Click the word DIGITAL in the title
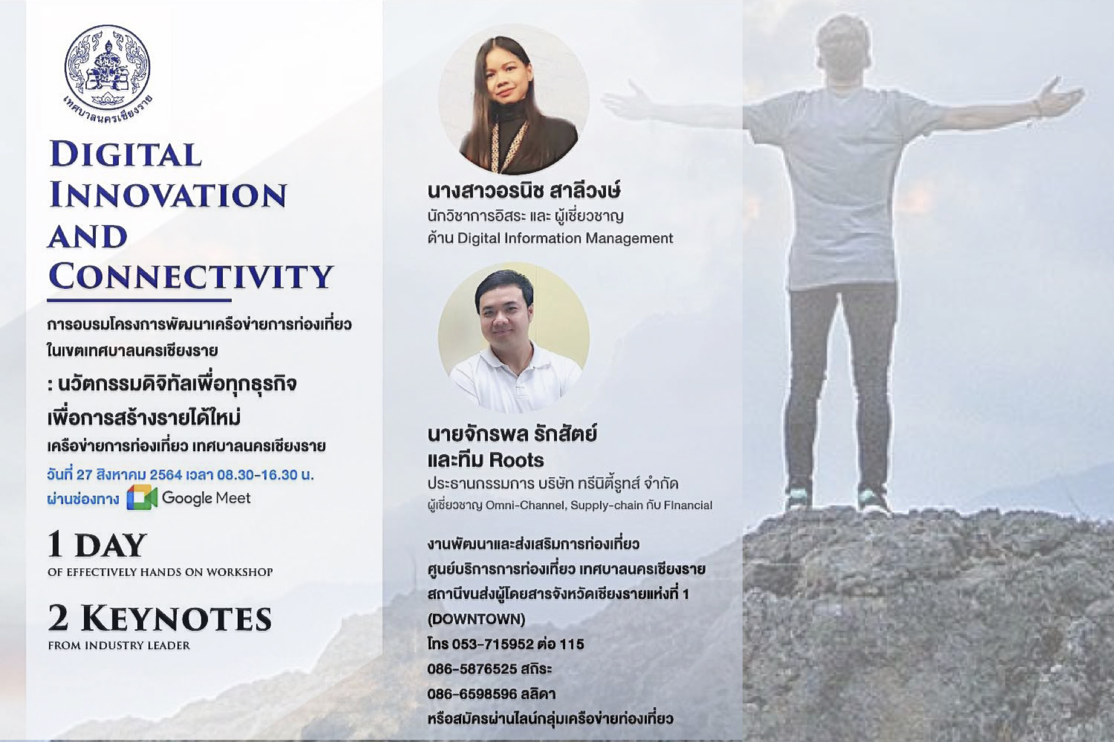(126, 155)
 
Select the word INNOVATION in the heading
(168, 195)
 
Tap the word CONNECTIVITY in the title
(191, 276)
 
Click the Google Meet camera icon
(142, 497)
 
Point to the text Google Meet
(206, 498)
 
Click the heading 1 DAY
(98, 545)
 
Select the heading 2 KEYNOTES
(160, 619)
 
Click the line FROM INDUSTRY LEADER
(119, 646)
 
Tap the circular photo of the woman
(513, 99)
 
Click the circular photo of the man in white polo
(513, 338)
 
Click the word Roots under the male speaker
(516, 460)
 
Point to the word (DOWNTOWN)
(476, 619)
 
